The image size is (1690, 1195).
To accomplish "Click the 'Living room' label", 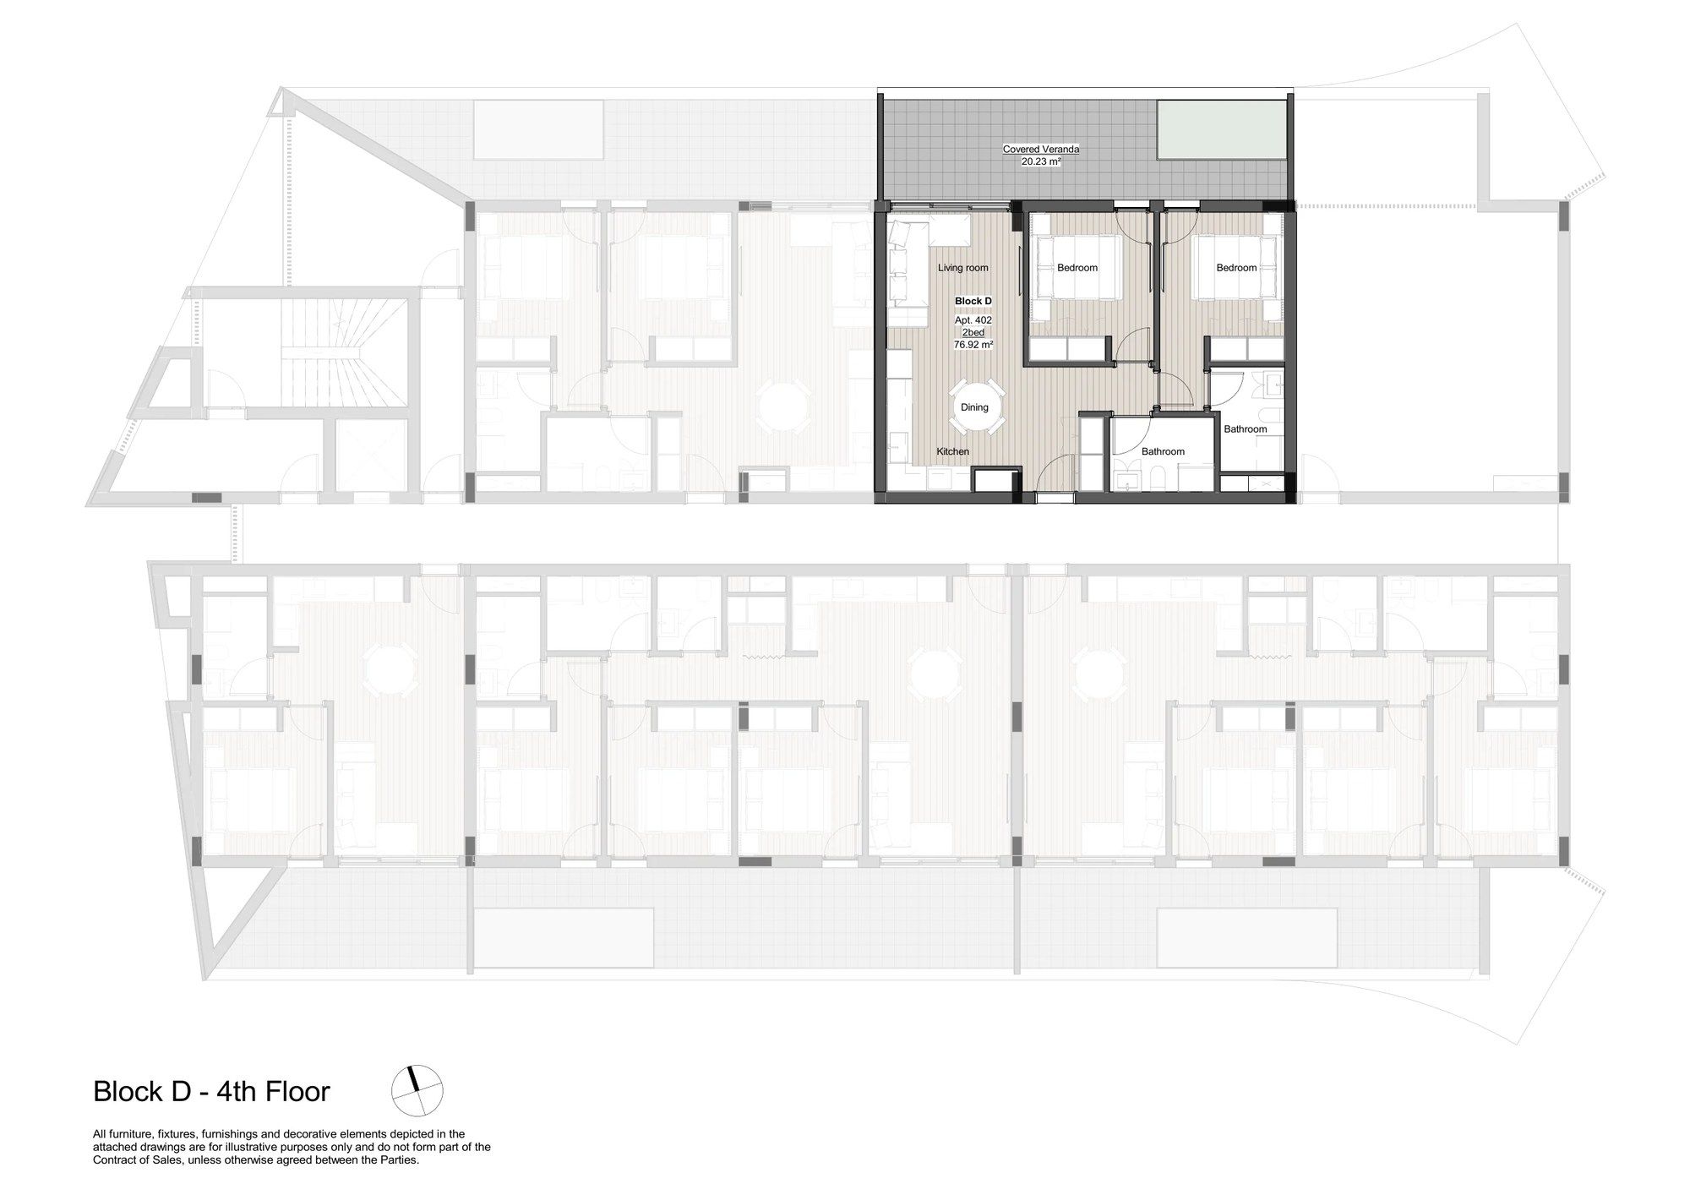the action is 962,268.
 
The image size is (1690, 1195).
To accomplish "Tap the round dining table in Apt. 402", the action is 974,407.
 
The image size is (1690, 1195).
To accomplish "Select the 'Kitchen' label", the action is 952,451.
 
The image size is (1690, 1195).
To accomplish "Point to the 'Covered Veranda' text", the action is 1040,150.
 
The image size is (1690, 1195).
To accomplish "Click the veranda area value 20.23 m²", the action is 1040,161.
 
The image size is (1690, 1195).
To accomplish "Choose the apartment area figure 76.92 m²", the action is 973,345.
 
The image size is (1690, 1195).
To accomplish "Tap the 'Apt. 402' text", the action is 973,320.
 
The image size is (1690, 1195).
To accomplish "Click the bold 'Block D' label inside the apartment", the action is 973,301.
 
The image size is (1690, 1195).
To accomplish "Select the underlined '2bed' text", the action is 973,333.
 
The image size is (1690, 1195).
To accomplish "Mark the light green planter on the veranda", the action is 1221,129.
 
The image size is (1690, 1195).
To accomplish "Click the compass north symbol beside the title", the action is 417,1090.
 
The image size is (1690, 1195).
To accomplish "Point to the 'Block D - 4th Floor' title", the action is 211,1091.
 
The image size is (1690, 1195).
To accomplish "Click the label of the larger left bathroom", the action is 1163,451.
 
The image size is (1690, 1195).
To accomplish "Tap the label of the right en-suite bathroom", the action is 1246,429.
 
